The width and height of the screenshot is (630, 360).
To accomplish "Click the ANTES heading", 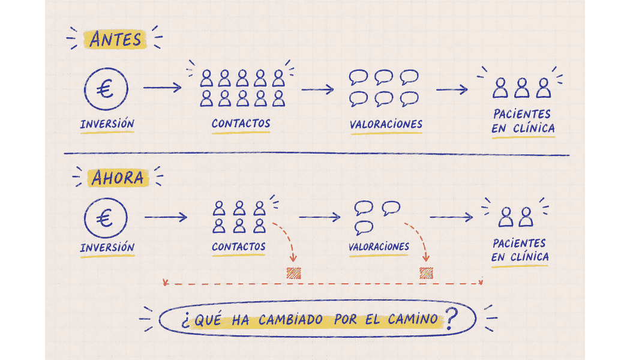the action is pyautogui.click(x=116, y=40).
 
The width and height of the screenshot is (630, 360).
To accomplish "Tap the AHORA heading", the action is pyautogui.click(x=118, y=178).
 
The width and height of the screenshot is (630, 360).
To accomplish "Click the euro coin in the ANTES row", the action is pyautogui.click(x=106, y=89).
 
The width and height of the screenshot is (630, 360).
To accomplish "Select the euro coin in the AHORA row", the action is pyautogui.click(x=106, y=218).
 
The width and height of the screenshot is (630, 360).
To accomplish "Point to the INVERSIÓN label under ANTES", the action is pyautogui.click(x=107, y=124).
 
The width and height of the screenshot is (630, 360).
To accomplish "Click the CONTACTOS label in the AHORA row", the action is pyautogui.click(x=239, y=246).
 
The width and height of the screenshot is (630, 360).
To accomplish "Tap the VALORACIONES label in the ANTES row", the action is pyautogui.click(x=386, y=124).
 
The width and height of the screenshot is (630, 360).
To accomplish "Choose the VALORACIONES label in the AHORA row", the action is pyautogui.click(x=379, y=246).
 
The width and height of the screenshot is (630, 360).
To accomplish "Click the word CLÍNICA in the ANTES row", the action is pyautogui.click(x=534, y=128).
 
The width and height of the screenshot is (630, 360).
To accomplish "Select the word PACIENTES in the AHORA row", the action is pyautogui.click(x=519, y=243).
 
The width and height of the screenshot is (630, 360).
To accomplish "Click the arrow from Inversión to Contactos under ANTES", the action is pyautogui.click(x=163, y=87).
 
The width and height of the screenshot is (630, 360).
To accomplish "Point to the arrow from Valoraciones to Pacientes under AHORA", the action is pyautogui.click(x=451, y=217).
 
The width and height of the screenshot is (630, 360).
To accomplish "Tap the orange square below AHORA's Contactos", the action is pyautogui.click(x=294, y=273).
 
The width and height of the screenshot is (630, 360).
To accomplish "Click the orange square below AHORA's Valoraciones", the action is pyautogui.click(x=426, y=273).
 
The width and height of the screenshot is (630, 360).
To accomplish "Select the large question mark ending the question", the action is pyautogui.click(x=452, y=319).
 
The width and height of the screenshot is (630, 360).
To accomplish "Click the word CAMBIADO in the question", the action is pyautogui.click(x=290, y=320).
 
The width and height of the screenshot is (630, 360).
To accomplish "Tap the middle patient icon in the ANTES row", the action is pyautogui.click(x=522, y=88).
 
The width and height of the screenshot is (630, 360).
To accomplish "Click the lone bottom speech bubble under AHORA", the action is pyautogui.click(x=364, y=228).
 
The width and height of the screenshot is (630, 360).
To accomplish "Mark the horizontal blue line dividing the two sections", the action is pyautogui.click(x=317, y=154).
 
